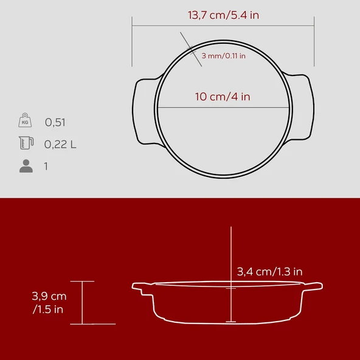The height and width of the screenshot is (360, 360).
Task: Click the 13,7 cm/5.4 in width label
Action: pos(223,15)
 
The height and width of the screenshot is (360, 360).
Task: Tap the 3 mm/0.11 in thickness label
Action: pos(223,56)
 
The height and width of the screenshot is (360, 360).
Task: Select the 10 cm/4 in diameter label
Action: pos(223,97)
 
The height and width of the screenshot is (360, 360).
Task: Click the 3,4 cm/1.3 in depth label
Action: pos(269,271)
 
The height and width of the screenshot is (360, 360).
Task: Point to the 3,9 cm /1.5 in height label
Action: pos(49,303)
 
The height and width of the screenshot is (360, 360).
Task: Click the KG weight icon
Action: pos(25,121)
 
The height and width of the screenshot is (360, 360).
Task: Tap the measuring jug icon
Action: pos(25,144)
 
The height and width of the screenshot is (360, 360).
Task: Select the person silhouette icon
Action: pos(26,166)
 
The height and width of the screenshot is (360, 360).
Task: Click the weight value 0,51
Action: pos(55,122)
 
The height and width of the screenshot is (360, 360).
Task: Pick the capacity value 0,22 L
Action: pos(60,144)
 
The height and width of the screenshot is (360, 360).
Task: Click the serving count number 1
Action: pos(46,166)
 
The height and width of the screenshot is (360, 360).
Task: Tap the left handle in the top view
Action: pos(144,109)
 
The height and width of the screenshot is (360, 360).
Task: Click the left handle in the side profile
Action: pos(142,286)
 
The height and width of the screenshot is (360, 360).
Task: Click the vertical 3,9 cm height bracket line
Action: pos(82,303)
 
